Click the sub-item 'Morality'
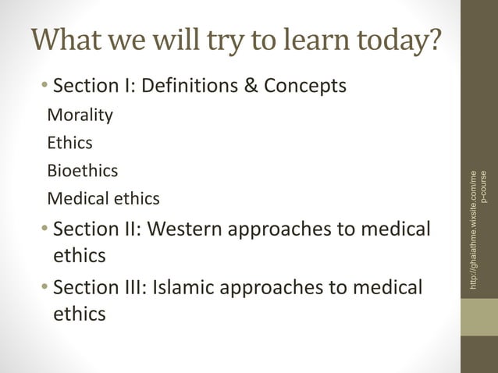[80, 115]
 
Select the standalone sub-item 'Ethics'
[70, 143]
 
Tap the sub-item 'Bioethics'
[83, 170]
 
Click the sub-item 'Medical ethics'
[103, 198]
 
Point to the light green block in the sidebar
[478, 317]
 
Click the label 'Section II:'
[97, 230]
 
